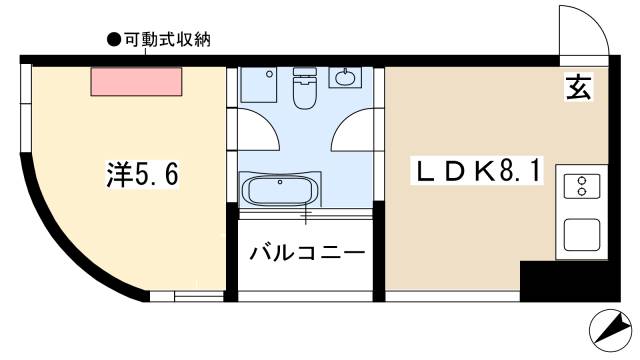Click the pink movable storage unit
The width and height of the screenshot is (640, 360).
[x=137, y=81]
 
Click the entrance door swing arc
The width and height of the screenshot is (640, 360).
[x=583, y=30]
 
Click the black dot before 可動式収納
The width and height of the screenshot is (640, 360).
[x=112, y=40]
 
